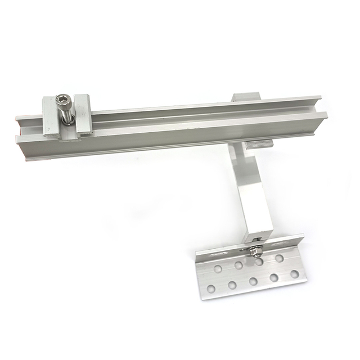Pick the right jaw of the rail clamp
83,112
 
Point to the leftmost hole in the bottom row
211,289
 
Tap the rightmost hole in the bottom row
294,274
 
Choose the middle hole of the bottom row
253,281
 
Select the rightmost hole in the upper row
279,258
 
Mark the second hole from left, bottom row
232,285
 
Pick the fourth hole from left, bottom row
274,278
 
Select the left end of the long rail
22,138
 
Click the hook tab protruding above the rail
246,97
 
